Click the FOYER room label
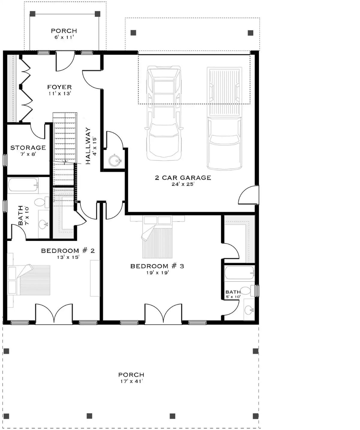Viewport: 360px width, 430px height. coord(59,87)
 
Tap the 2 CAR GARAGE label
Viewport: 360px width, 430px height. coord(183,178)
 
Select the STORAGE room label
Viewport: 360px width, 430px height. coord(28,148)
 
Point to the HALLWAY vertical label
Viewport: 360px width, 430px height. coord(88,146)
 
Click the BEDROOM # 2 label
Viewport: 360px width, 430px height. coord(68,251)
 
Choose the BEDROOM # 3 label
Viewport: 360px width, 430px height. coord(157,266)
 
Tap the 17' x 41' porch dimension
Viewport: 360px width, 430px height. coord(131,381)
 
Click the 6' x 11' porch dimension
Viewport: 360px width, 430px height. coord(64,37)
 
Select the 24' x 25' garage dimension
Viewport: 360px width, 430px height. coord(183,184)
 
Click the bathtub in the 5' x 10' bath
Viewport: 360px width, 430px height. coord(239,273)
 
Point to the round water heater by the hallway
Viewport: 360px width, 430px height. coord(114,160)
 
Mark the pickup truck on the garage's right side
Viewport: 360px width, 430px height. coord(224,118)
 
